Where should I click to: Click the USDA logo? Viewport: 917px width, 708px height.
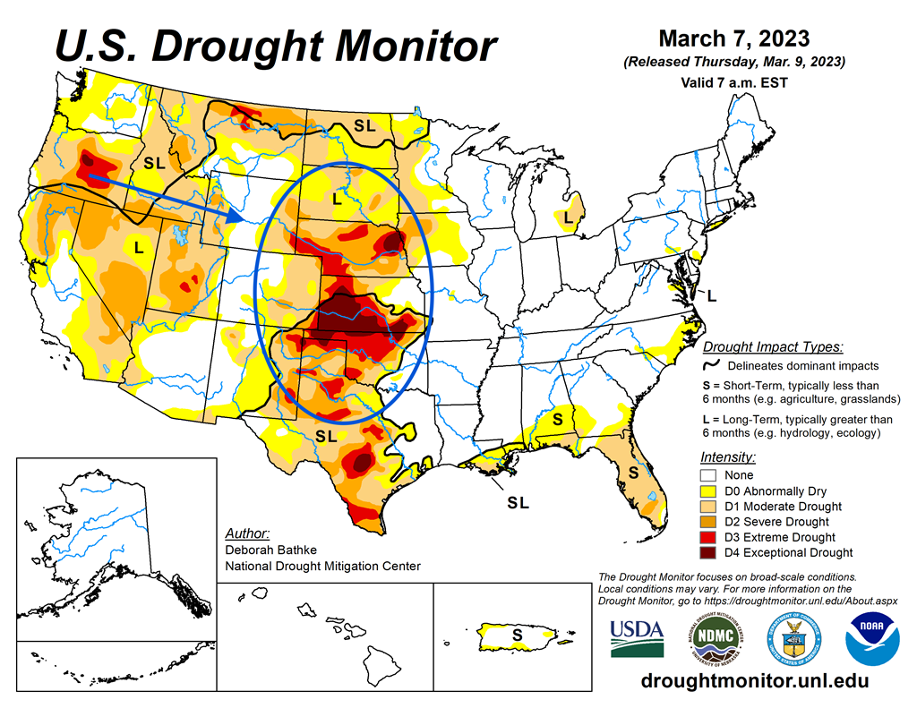(637, 637)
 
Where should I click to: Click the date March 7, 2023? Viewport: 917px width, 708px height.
(733, 38)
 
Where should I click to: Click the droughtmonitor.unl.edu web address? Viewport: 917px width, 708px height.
(755, 681)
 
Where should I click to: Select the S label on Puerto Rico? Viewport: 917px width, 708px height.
(517, 635)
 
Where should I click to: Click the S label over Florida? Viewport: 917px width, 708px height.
(633, 471)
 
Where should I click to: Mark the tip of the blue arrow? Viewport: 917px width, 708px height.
(246, 218)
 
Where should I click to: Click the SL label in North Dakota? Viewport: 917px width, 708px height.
(364, 126)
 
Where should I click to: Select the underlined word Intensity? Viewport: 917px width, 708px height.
(725, 456)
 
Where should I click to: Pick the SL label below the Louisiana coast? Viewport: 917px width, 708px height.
(518, 503)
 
